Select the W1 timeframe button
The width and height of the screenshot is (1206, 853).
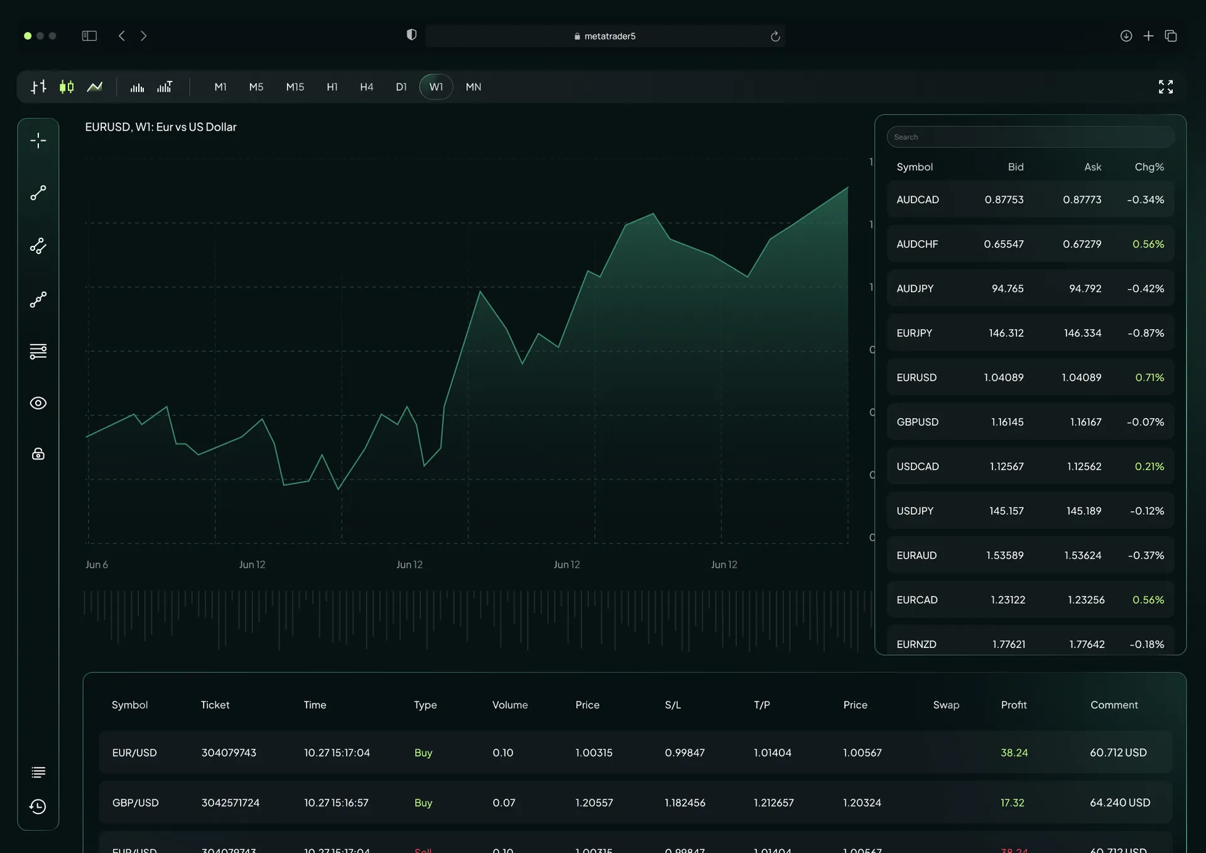(x=436, y=87)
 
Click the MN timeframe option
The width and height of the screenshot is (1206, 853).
(x=474, y=87)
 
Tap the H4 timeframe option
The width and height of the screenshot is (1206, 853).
(x=366, y=87)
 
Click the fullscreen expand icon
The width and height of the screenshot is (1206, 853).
(x=1166, y=87)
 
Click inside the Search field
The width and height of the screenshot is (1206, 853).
(x=1030, y=137)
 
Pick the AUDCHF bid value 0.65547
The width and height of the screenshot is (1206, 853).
(x=1004, y=244)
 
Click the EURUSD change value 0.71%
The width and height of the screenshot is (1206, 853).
(x=1149, y=377)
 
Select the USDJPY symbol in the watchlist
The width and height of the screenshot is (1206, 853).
(x=915, y=511)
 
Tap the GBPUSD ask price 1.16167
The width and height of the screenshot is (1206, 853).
(x=1085, y=422)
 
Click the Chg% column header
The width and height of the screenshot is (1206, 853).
(x=1149, y=167)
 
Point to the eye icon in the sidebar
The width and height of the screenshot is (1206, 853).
(x=38, y=403)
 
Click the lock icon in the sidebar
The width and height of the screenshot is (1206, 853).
(x=38, y=454)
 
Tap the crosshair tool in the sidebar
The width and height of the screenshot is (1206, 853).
(x=38, y=140)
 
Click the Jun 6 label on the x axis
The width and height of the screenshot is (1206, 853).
(x=97, y=564)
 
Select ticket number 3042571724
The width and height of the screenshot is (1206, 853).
(x=231, y=803)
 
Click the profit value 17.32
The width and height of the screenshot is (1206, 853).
(x=1012, y=803)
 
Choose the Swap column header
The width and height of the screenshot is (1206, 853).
(x=946, y=705)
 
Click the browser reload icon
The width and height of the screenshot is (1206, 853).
(x=775, y=36)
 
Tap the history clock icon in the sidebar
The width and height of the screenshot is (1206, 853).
(x=38, y=806)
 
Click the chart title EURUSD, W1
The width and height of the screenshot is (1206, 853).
(x=161, y=127)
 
